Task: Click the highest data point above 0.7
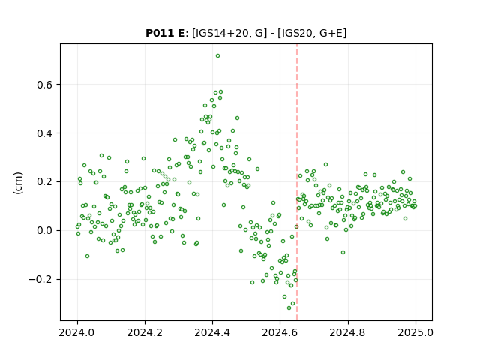(217, 56)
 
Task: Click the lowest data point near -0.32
(289, 307)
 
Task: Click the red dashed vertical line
(297, 182)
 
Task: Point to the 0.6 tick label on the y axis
(44, 85)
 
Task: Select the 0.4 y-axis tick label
(44, 133)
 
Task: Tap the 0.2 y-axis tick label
(44, 181)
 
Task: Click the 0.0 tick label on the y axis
(44, 230)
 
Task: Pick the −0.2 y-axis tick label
(40, 279)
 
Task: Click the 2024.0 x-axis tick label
(77, 332)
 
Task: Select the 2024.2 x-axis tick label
(145, 332)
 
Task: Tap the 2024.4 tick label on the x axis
(212, 332)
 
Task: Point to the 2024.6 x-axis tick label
(280, 332)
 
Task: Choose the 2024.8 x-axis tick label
(348, 332)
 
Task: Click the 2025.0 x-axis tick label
(415, 332)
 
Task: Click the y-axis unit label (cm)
(18, 183)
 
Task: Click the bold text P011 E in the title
(165, 33)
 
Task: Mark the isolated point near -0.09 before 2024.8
(343, 252)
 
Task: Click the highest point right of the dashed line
(325, 165)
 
